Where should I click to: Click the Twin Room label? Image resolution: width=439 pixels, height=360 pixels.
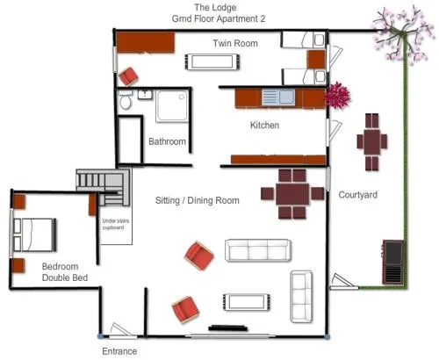pyautogui.click(x=235, y=43)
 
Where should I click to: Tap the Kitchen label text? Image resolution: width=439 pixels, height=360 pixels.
pyautogui.click(x=264, y=126)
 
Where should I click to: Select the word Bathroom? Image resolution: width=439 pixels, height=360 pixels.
pyautogui.click(x=167, y=141)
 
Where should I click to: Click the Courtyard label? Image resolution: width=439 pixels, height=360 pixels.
pyautogui.click(x=357, y=195)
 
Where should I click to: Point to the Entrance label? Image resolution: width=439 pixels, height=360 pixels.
pyautogui.click(x=119, y=351)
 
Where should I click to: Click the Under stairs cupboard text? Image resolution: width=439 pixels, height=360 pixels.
pyautogui.click(x=115, y=224)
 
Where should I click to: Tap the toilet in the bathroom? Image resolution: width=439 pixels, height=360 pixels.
pyautogui.click(x=126, y=99)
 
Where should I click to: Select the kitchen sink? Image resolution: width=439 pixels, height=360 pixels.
pyautogui.click(x=278, y=97)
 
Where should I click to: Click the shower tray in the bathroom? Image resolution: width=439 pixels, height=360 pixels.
pyautogui.click(x=172, y=105)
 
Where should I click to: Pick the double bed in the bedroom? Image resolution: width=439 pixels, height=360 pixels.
pyautogui.click(x=34, y=235)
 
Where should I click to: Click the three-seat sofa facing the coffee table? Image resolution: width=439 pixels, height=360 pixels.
pyautogui.click(x=258, y=250)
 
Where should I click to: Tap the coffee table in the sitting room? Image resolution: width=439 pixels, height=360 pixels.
pyautogui.click(x=247, y=302)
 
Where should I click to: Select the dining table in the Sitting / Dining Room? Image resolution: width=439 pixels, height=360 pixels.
pyautogui.click(x=292, y=194)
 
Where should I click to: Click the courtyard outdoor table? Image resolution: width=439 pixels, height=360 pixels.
pyautogui.click(x=372, y=142)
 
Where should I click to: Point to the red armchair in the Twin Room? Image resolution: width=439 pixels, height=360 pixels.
pyautogui.click(x=128, y=76)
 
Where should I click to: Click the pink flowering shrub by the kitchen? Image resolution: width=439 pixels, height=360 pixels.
pyautogui.click(x=338, y=96)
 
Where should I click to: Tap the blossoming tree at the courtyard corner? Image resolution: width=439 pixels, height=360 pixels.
pyautogui.click(x=400, y=34)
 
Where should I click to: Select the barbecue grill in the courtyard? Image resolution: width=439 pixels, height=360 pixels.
pyautogui.click(x=392, y=262)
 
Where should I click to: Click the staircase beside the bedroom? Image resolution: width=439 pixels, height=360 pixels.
pyautogui.click(x=103, y=187)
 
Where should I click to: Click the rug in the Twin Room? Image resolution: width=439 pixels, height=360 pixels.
pyautogui.click(x=212, y=61)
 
